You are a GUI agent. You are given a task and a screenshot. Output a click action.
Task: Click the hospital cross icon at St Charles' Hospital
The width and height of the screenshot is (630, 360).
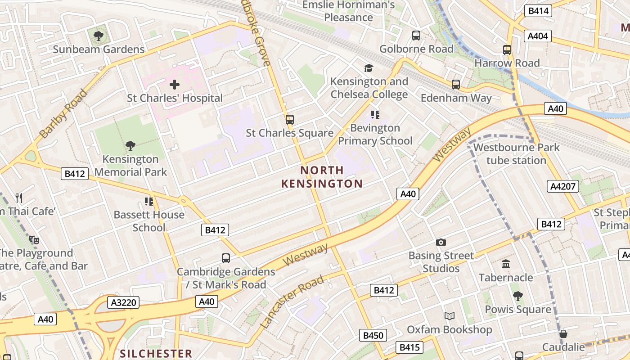[x=175, y=85]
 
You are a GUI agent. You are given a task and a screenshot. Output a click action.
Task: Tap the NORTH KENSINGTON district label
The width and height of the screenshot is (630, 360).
[x=322, y=177]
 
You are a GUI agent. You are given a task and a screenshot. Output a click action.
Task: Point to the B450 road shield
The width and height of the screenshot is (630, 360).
[x=373, y=335]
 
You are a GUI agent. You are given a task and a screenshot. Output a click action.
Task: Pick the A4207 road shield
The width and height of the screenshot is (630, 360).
[x=563, y=186]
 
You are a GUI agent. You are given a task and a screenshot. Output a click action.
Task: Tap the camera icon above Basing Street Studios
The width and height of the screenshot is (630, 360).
[x=441, y=243]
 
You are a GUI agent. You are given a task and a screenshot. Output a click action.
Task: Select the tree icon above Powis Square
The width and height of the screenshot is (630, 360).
[x=517, y=296]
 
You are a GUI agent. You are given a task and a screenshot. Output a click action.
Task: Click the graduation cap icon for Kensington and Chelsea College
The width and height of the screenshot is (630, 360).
[x=369, y=68]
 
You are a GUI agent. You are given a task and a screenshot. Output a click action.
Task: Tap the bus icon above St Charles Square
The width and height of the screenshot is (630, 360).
[x=290, y=120]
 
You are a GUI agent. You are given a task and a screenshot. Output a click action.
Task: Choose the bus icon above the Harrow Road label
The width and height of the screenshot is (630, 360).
[x=507, y=50]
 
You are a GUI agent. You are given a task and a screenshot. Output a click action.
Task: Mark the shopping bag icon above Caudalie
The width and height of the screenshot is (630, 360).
[x=563, y=334]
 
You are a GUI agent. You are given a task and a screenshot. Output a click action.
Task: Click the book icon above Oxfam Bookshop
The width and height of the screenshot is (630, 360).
[x=450, y=316]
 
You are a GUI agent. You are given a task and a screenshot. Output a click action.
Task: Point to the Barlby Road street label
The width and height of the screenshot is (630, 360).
[x=63, y=114]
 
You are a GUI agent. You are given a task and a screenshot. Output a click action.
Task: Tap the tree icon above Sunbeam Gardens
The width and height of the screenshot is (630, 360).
[x=99, y=36]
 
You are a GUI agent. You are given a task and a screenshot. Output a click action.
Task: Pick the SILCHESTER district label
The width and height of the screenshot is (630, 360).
[x=156, y=353]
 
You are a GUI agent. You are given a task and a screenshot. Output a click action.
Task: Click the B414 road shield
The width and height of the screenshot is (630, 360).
[x=538, y=11]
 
